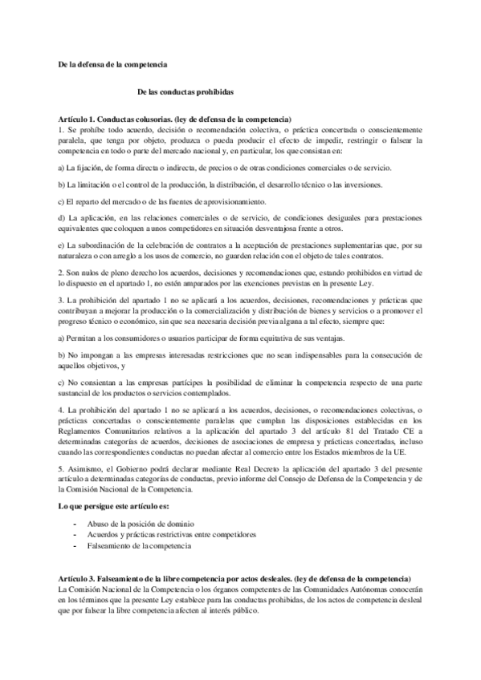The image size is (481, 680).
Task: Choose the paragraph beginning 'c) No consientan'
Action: click(x=240, y=387)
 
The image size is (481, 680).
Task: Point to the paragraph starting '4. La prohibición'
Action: click(x=240, y=434)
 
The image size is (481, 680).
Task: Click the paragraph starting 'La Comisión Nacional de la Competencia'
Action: click(x=240, y=598)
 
